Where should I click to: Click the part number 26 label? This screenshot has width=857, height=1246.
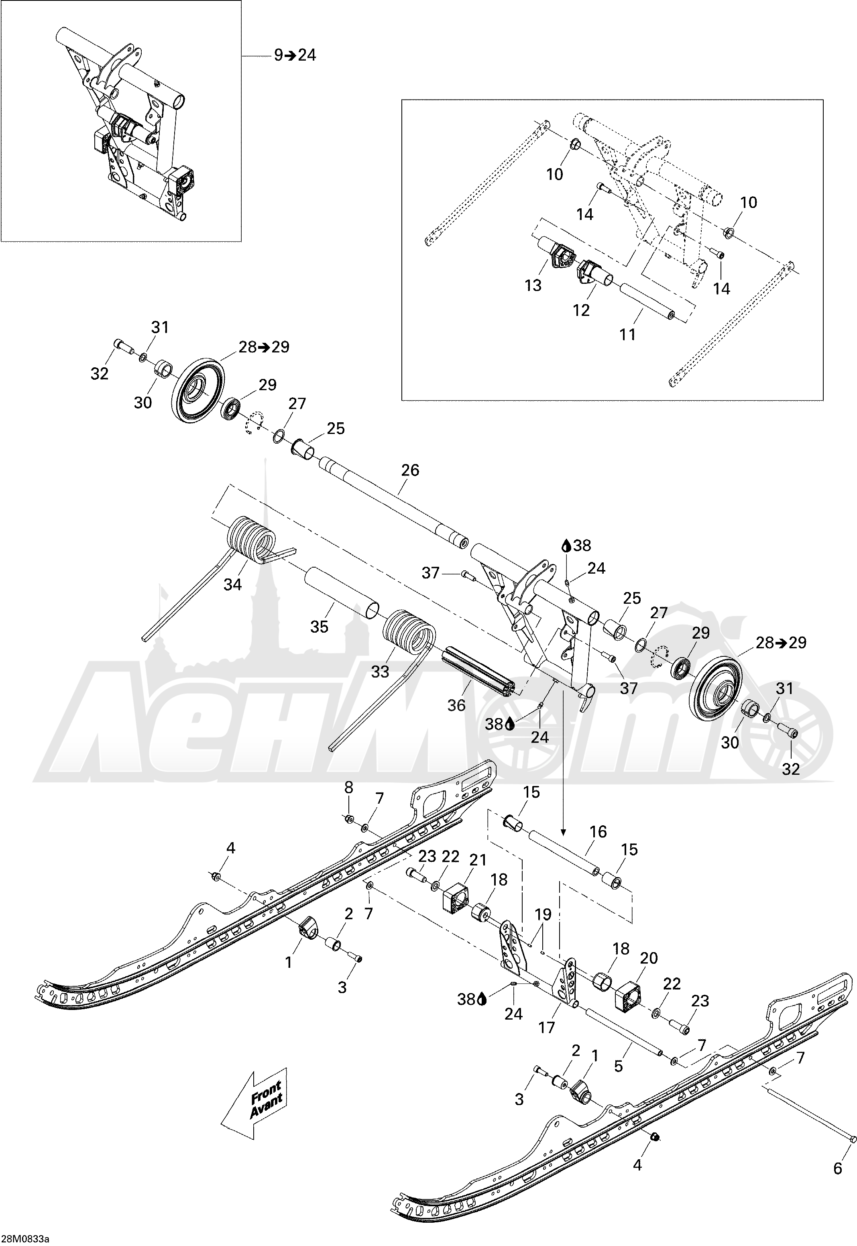click(x=410, y=470)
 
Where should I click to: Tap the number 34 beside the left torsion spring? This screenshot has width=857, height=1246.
click(x=232, y=584)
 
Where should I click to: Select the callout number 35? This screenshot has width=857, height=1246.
click(x=319, y=627)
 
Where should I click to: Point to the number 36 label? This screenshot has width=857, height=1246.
click(x=456, y=705)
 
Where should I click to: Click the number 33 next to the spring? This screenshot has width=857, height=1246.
click(x=380, y=671)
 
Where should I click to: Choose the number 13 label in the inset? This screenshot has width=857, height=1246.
click(x=533, y=285)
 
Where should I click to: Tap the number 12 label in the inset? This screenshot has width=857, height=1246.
click(x=581, y=310)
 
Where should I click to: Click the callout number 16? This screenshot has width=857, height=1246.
click(x=598, y=832)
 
